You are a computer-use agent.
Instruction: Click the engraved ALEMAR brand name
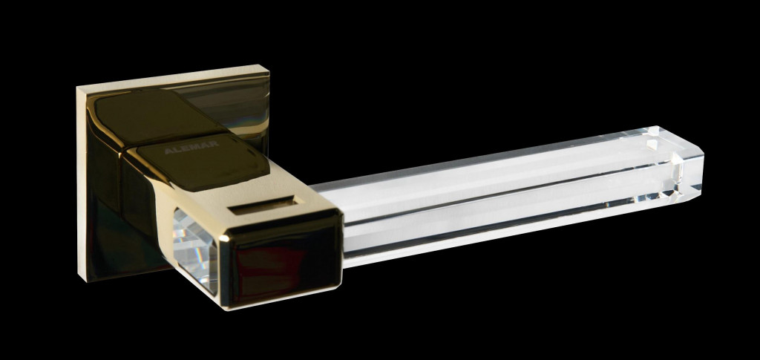click(191, 147)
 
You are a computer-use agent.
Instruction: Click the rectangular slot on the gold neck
click(262, 205)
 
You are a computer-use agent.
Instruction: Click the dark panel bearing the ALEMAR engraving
click(203, 160)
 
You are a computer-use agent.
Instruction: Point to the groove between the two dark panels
click(174, 140)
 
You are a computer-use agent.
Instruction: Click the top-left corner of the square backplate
click(77, 88)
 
